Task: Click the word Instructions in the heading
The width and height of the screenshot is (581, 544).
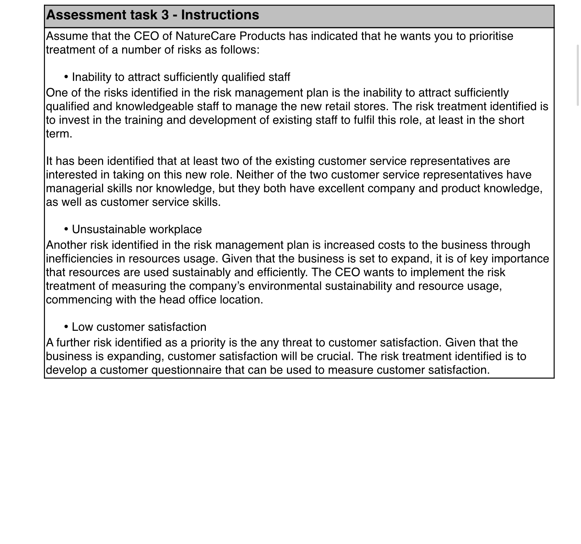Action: point(220,15)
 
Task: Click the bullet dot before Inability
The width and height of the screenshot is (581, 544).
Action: point(66,77)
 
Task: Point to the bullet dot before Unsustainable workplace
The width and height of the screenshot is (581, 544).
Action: point(66,229)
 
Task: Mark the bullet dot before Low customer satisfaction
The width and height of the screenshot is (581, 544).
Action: point(66,327)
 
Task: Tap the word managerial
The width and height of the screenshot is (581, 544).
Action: point(75,188)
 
